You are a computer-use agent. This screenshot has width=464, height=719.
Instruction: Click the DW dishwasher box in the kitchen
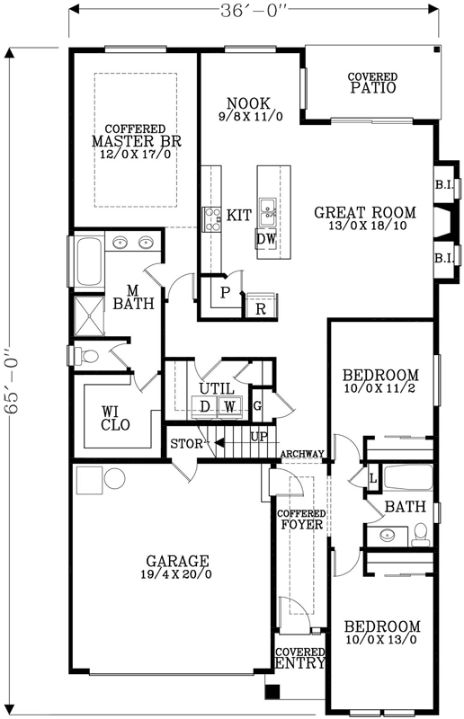[266, 239]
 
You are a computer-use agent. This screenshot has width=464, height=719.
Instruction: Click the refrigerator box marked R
[259, 307]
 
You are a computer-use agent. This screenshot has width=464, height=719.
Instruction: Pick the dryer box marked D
[204, 407]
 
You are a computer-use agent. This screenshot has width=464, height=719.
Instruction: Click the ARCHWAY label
[301, 454]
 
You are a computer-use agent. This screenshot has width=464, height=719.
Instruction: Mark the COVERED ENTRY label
[299, 658]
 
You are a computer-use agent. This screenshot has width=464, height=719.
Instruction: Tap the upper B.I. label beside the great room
[442, 185]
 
